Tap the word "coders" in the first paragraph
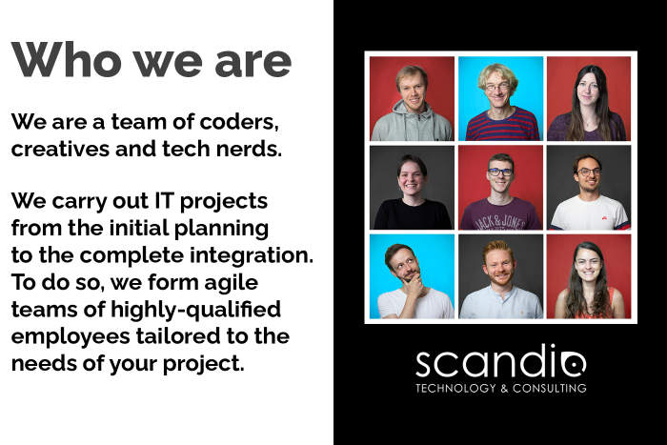click(239, 122)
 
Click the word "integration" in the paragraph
click(251, 255)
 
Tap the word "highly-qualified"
click(195, 310)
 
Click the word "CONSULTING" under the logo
click(550, 388)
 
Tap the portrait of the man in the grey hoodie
click(412, 98)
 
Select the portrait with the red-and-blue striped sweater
click(500, 98)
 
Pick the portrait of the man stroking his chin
click(412, 276)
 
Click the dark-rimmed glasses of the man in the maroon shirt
click(500, 172)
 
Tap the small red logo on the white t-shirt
click(603, 218)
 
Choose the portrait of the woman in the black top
click(412, 187)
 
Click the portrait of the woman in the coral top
click(589, 276)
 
